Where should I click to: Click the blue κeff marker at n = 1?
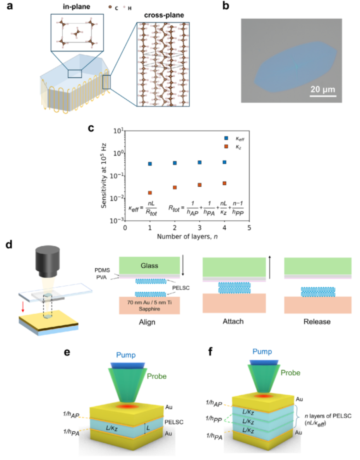tap(149, 164)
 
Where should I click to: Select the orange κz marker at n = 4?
tap(224, 183)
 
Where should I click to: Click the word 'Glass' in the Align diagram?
tap(149, 266)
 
